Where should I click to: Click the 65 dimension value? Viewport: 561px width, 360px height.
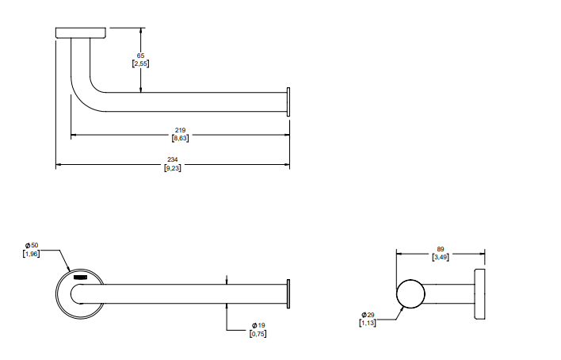point(141,55)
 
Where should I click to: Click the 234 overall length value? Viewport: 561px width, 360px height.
point(173,160)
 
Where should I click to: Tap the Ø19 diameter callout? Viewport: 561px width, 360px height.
point(258,326)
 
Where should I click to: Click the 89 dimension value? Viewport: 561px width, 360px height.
point(441,248)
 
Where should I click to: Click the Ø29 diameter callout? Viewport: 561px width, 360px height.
point(370,315)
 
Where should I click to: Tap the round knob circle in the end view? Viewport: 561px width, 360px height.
point(411,294)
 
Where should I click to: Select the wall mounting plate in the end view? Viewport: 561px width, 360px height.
point(479,294)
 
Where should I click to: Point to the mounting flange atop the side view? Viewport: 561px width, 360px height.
point(81,33)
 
